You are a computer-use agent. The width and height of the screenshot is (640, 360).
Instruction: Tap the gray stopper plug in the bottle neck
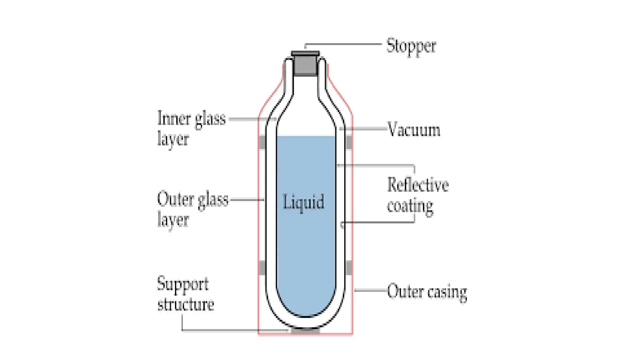(305, 65)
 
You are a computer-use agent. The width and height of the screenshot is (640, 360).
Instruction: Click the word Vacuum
(413, 130)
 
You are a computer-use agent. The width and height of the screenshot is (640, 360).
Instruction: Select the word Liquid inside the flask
(303, 202)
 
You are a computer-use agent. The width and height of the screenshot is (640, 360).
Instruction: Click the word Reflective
(417, 185)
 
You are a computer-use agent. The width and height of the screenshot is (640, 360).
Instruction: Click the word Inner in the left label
(174, 119)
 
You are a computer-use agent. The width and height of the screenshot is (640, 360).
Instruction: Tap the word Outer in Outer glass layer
(175, 199)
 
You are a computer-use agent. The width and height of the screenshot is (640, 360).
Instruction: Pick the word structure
(186, 304)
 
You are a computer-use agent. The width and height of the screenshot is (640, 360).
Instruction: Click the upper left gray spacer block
(262, 142)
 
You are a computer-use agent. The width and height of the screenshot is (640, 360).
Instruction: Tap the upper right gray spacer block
(349, 142)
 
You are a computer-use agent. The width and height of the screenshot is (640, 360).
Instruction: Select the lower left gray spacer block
(262, 268)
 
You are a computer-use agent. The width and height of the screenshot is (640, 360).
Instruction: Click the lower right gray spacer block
(349, 268)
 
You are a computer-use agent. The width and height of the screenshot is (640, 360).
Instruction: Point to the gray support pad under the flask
(305, 330)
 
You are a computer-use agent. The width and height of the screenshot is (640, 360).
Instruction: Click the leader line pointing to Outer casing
(371, 291)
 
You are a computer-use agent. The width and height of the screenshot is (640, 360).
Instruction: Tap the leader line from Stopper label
(344, 44)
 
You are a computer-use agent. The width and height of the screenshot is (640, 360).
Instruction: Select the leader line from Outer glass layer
(247, 199)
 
